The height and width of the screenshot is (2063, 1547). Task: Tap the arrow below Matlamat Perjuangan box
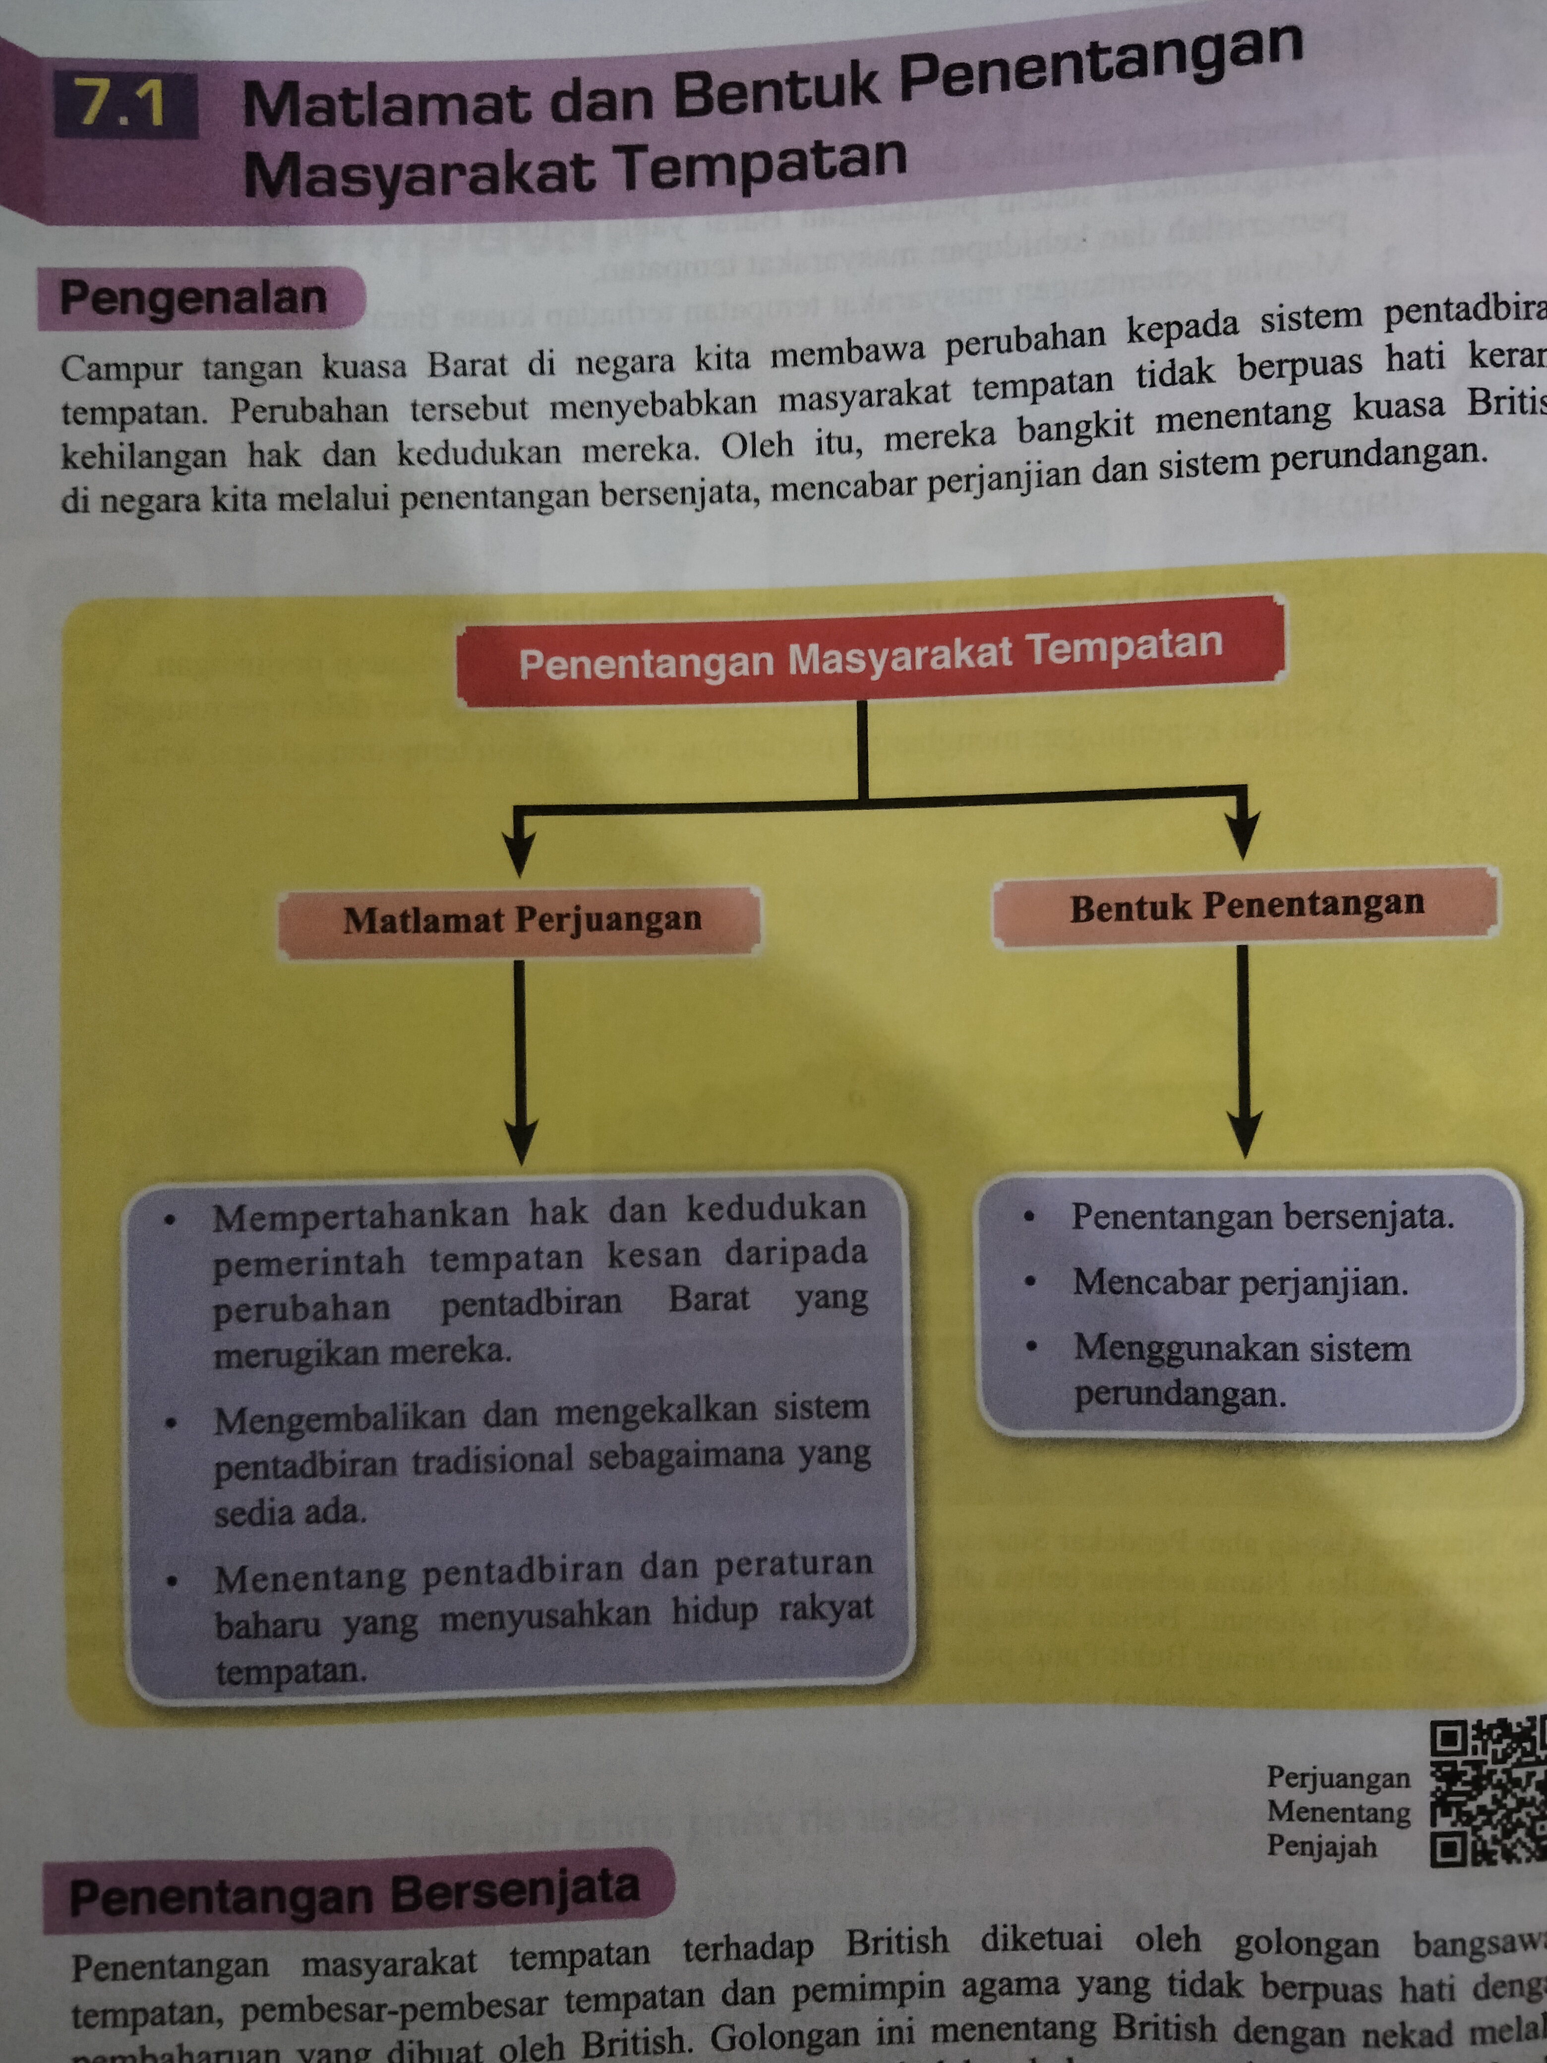point(520,1063)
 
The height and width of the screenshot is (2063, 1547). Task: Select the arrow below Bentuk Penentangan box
point(1244,1054)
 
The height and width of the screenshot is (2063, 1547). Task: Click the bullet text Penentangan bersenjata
point(1262,1217)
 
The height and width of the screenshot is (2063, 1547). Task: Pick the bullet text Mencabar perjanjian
point(1240,1283)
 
